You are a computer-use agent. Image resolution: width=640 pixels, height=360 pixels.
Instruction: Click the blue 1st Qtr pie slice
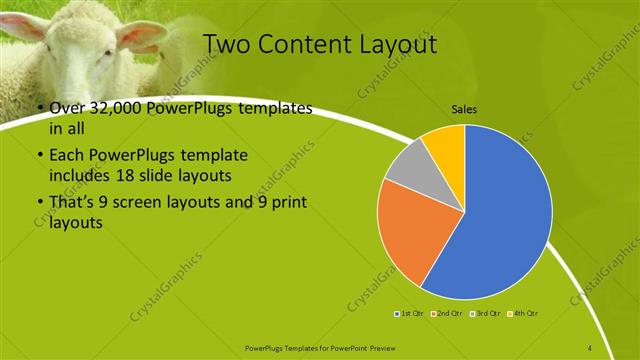tap(505, 215)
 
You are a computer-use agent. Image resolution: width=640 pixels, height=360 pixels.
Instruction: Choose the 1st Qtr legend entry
tap(410, 314)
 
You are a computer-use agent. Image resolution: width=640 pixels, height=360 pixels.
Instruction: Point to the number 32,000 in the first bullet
tap(117, 109)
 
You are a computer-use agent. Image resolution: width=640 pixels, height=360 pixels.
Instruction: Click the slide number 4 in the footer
tap(590, 347)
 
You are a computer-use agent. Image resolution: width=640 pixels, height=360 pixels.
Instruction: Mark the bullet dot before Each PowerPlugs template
tap(39, 156)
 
